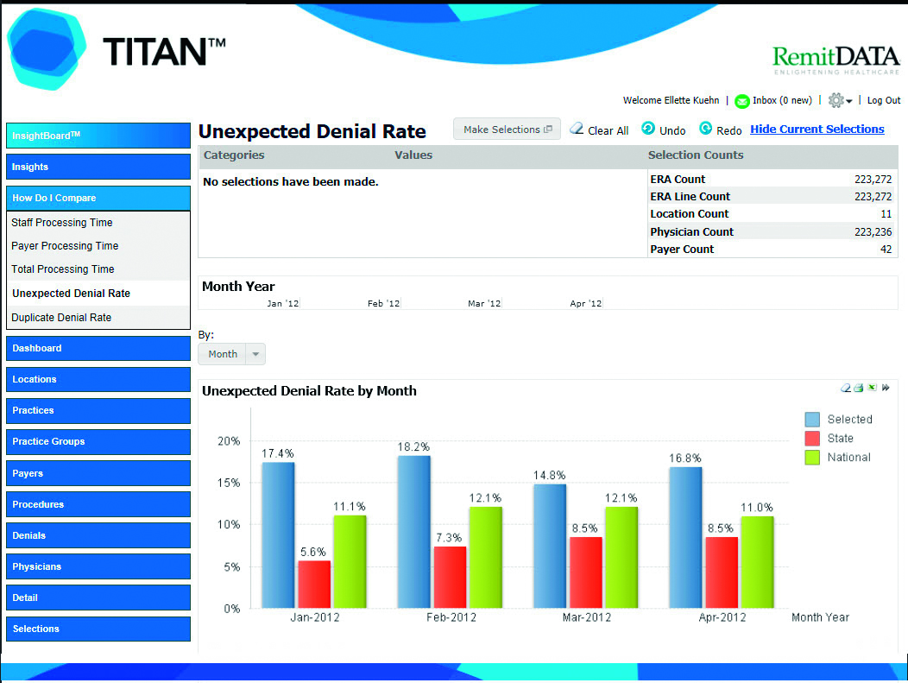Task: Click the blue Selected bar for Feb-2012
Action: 414,532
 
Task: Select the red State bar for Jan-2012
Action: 314,585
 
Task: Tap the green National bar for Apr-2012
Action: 758,562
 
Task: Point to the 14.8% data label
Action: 550,476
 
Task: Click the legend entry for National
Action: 838,458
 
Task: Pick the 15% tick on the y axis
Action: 229,483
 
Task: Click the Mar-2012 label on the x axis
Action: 587,617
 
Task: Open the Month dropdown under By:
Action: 231,354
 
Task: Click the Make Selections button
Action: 507,130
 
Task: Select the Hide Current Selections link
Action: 817,130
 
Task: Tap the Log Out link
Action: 884,100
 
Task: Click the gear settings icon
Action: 836,100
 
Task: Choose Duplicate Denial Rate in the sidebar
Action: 61,318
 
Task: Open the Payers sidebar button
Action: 98,473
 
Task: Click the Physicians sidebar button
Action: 98,566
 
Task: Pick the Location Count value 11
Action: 886,214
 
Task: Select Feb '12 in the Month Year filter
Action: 383,304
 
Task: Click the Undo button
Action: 664,130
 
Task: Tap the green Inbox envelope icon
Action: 741,101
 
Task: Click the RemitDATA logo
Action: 836,60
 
